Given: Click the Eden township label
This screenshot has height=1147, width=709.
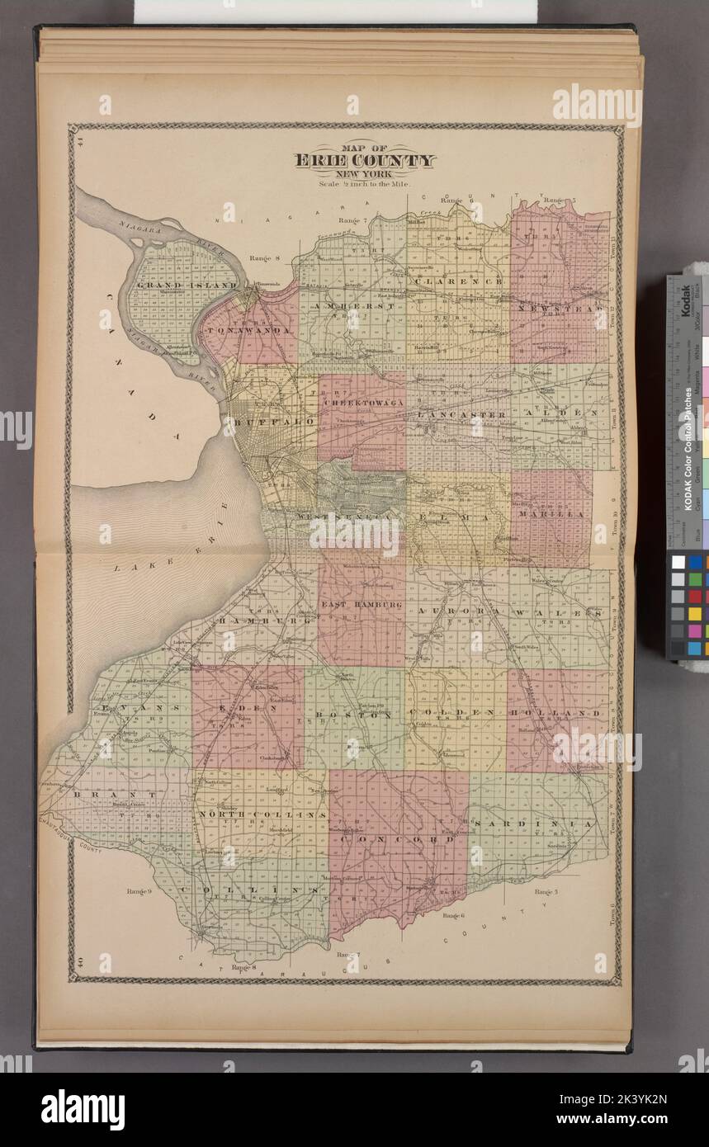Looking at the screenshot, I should tap(248, 708).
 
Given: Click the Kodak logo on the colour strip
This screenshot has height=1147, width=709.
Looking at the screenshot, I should tap(685, 300).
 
